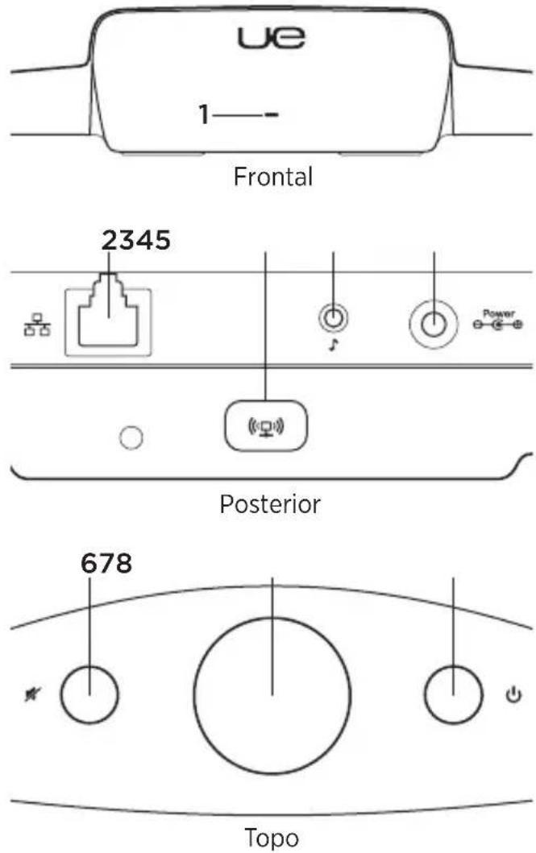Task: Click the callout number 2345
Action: click(x=135, y=239)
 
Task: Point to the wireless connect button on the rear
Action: click(x=265, y=420)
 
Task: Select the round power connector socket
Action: click(x=434, y=323)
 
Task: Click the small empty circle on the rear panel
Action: click(x=131, y=437)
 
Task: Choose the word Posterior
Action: click(x=269, y=504)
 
